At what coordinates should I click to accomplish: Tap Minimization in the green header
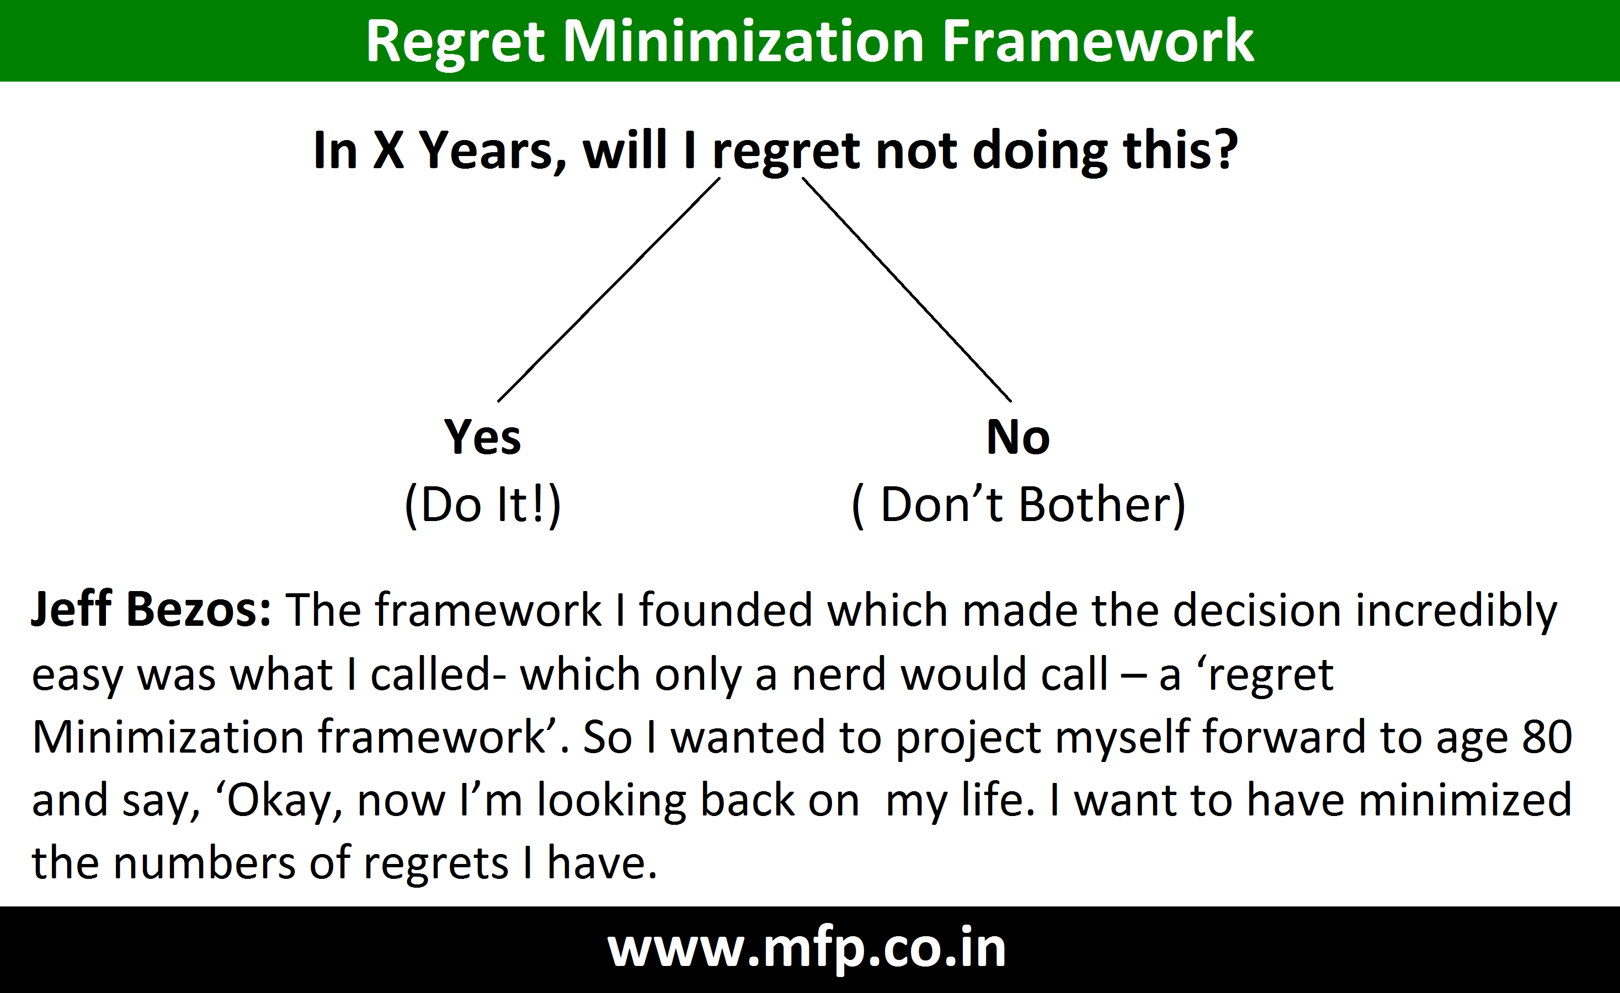pos(744,41)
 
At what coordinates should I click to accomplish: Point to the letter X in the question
pos(388,150)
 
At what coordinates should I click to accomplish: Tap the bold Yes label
pos(483,437)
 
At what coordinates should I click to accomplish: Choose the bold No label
pos(1018,437)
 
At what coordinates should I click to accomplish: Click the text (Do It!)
pos(483,504)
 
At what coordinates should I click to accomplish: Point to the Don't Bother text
pos(1019,504)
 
